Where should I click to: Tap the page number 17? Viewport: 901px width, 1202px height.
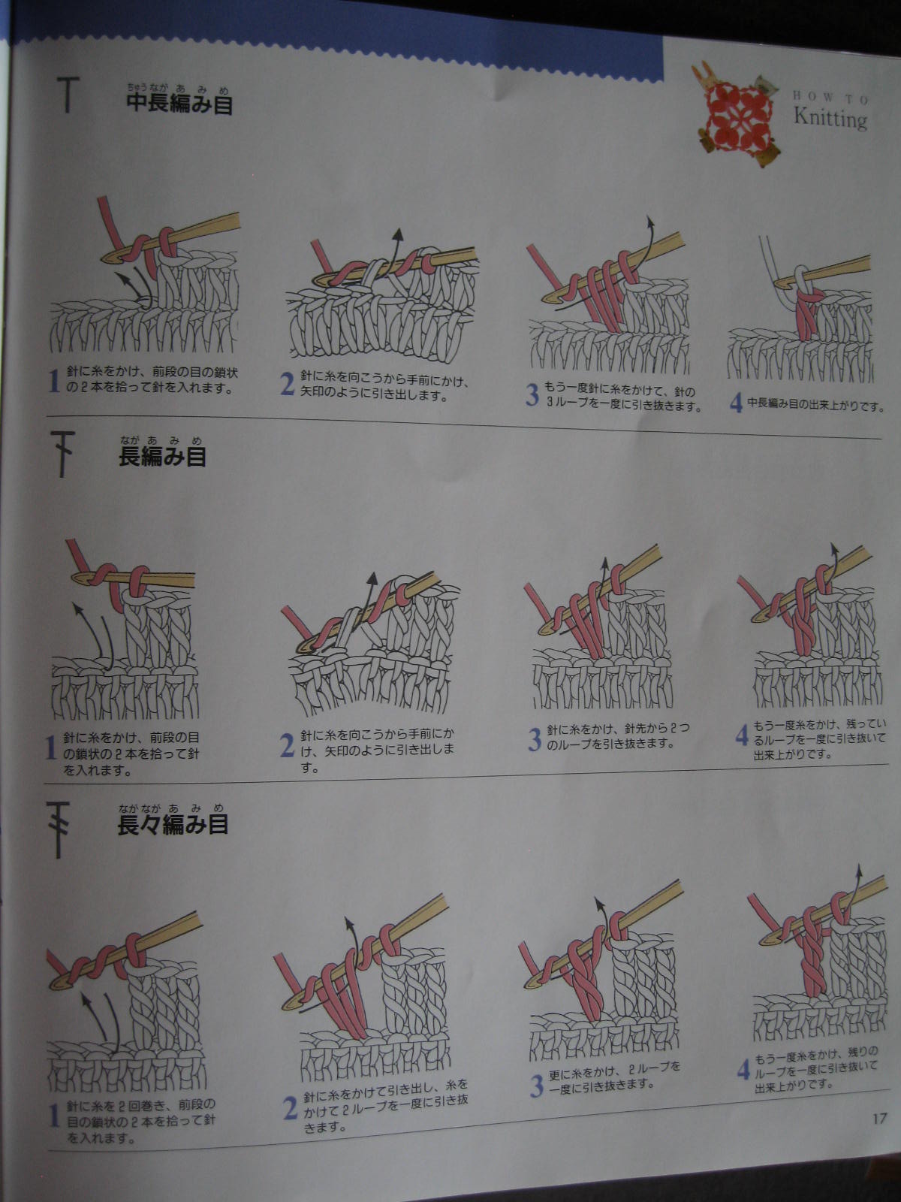point(879,1118)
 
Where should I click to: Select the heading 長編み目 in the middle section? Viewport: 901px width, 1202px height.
point(162,456)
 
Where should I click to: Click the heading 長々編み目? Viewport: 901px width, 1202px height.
point(173,825)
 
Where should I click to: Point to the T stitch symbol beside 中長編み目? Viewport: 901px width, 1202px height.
point(68,94)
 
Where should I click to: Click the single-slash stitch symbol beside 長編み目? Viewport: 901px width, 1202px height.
point(62,454)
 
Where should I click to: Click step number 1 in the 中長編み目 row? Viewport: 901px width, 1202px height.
point(53,381)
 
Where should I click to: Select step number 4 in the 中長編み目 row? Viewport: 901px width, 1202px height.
point(737,403)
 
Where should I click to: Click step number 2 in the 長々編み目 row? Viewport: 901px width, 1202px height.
point(290,1108)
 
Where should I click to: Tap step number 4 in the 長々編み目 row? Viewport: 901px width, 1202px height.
point(743,1070)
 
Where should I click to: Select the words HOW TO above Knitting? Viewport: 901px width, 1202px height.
point(830,98)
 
